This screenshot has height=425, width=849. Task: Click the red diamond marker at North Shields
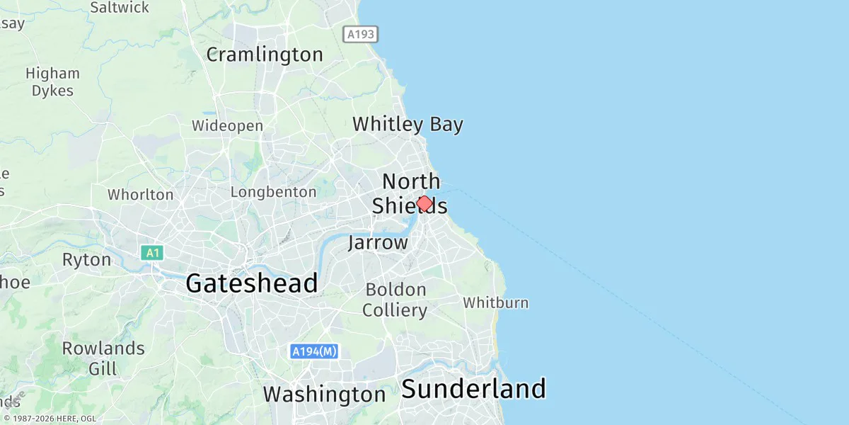(424, 204)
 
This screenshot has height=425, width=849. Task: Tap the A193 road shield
(361, 34)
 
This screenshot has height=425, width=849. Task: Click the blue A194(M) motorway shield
(315, 351)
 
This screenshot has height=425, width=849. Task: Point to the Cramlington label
(265, 55)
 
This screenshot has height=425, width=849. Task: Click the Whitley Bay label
(408, 125)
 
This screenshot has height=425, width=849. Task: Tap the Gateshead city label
(251, 284)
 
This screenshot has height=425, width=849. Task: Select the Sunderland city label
(474, 389)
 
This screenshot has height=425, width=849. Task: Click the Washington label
(325, 394)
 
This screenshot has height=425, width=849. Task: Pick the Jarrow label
(378, 243)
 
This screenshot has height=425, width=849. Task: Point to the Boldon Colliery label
(395, 300)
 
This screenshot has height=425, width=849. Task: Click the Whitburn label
(495, 303)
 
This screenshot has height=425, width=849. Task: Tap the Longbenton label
(273, 192)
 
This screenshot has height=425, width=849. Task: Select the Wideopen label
(227, 126)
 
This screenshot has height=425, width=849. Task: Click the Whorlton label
(140, 195)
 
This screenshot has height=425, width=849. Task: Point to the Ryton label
(86, 260)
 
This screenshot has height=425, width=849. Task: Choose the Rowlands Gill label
(103, 358)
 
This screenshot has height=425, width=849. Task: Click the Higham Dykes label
(52, 81)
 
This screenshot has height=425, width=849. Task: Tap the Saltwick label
(120, 8)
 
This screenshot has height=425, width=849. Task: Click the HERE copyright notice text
(50, 419)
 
